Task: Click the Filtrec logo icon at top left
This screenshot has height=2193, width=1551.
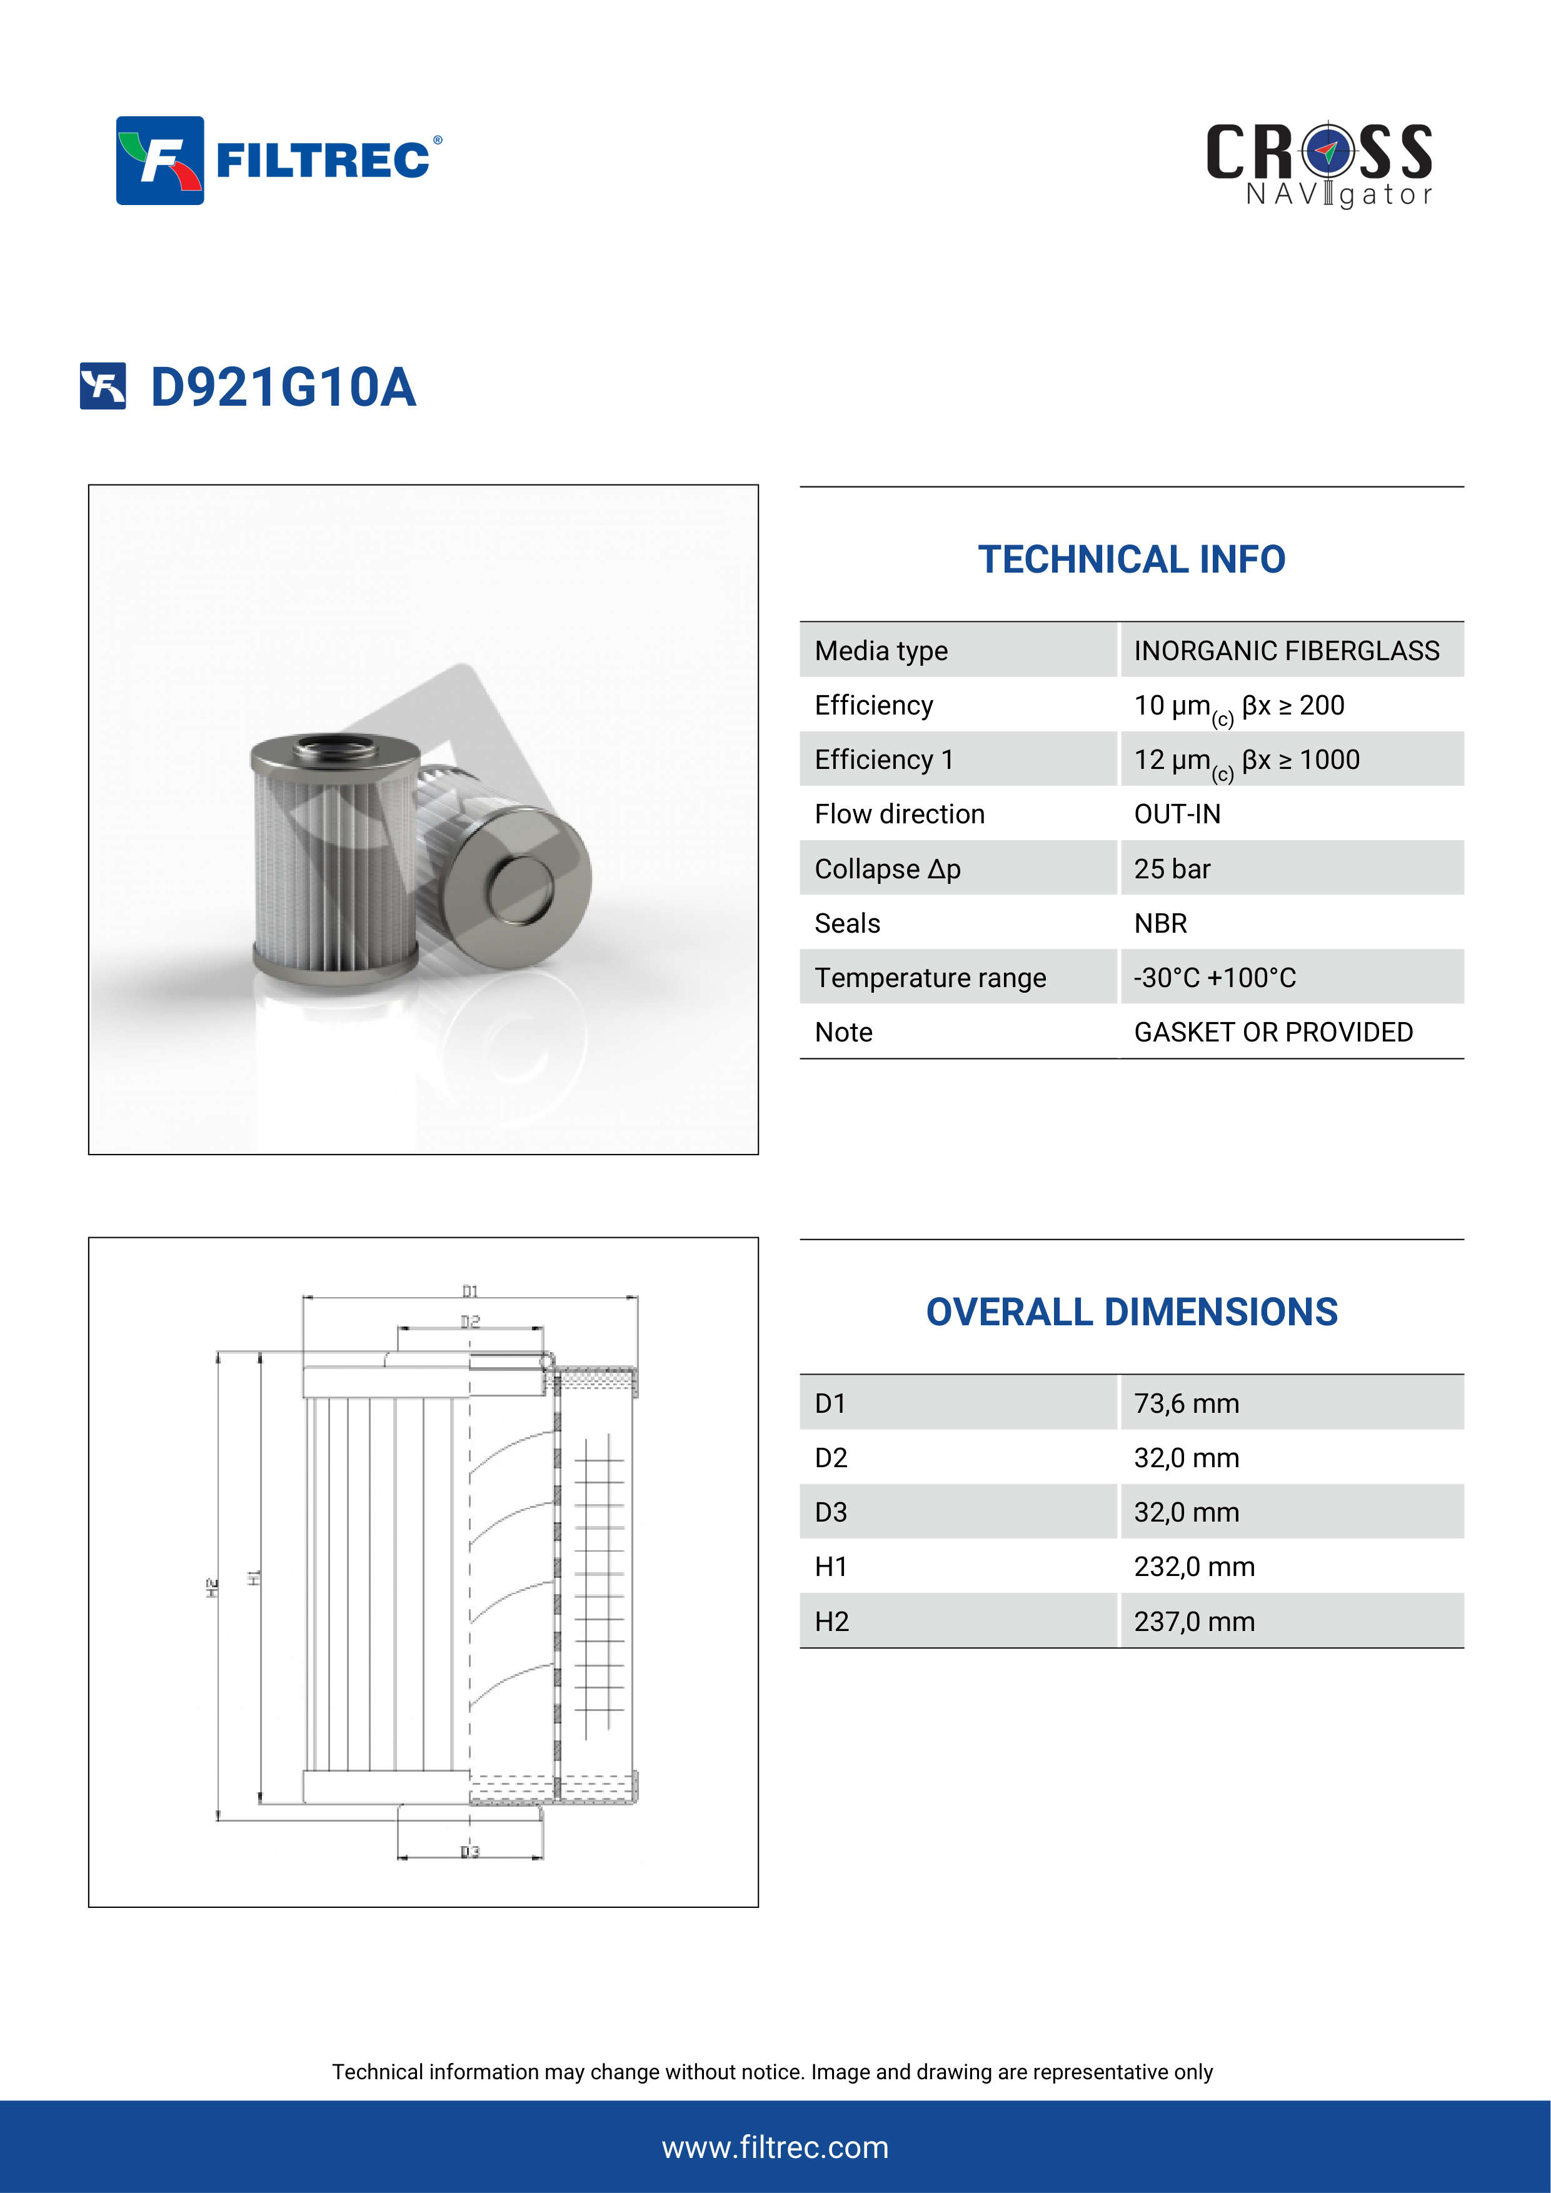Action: pos(159,161)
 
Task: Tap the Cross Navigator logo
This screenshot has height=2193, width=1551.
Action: pos(1319,163)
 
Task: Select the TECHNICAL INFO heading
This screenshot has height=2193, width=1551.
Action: pos(1131,560)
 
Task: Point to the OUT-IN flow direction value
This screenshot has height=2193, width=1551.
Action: pos(1177,814)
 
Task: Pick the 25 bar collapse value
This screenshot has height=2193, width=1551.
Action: pos(1172,868)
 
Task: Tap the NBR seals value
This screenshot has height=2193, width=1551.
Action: pos(1160,923)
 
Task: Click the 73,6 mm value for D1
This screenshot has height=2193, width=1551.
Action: pos(1186,1403)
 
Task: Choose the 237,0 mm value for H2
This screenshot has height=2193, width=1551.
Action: pos(1194,1621)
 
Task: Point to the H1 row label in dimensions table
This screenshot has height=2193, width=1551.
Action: pos(830,1567)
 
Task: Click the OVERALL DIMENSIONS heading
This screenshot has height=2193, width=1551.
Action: pos(1131,1312)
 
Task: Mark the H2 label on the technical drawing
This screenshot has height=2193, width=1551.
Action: pos(212,1587)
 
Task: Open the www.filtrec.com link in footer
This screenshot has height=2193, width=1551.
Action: pos(775,2147)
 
